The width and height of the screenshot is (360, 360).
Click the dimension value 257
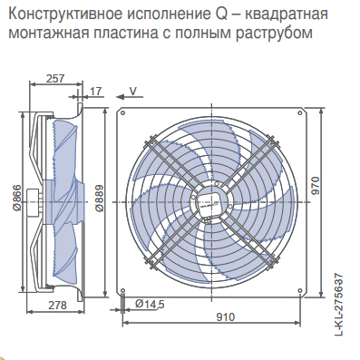(55, 78)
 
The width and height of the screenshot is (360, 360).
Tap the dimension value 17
(96, 92)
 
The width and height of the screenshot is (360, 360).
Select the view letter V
(133, 91)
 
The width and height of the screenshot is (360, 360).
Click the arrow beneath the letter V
(130, 97)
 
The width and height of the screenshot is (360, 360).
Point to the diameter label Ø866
(17, 197)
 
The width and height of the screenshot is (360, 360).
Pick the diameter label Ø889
(100, 198)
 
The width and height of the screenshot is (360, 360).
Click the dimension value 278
(57, 305)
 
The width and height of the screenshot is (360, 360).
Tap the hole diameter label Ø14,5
(150, 304)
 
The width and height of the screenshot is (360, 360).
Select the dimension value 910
(225, 316)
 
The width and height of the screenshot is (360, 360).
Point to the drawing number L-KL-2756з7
(339, 305)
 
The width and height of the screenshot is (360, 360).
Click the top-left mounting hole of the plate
(122, 113)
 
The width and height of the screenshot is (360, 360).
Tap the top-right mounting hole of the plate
(299, 113)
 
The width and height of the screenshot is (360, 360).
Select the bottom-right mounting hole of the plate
(299, 290)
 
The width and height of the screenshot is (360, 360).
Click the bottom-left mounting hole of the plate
(122, 290)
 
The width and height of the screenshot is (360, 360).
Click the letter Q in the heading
(222, 15)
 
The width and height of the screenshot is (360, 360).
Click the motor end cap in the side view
(33, 201)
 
